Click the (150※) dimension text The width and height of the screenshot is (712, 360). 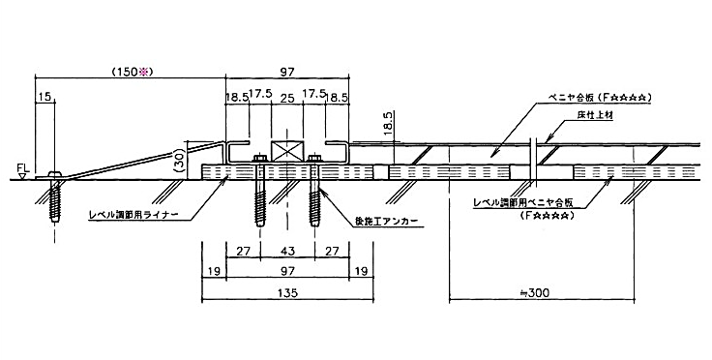pyautogui.click(x=132, y=72)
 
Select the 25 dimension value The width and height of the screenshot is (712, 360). pyautogui.click(x=287, y=97)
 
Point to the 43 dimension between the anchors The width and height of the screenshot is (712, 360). pyautogui.click(x=286, y=250)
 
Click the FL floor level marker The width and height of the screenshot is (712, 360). pyautogui.click(x=20, y=171)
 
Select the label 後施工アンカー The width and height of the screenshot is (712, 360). pyautogui.click(x=373, y=219)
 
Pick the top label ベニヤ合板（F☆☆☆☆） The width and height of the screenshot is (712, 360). pyautogui.click(x=593, y=98)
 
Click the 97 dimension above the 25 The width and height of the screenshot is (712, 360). pyautogui.click(x=287, y=72)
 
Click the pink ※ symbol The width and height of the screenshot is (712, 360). pyautogui.click(x=148, y=72)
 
